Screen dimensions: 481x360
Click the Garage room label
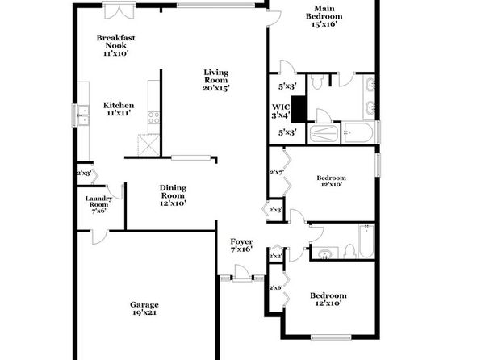click(x=144, y=308)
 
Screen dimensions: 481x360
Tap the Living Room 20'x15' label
click(x=216, y=80)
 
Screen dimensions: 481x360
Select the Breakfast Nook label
click(x=115, y=45)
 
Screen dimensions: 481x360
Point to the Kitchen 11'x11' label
click(x=119, y=109)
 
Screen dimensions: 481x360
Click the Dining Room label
click(x=173, y=195)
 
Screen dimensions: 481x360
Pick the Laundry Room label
click(x=98, y=204)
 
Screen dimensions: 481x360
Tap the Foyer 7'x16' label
click(x=242, y=245)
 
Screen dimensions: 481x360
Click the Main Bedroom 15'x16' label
click(x=324, y=16)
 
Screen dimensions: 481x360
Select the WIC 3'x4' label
click(x=280, y=111)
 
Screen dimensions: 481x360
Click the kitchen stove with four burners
click(x=153, y=118)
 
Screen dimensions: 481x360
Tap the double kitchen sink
click(x=83, y=115)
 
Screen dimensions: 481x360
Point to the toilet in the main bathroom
click(x=316, y=82)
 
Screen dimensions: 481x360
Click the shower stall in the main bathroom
click(x=324, y=133)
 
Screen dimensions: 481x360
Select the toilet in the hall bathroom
click(x=349, y=251)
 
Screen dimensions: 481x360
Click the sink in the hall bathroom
click(x=324, y=254)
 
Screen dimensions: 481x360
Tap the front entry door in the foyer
click(x=241, y=273)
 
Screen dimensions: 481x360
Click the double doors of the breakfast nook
click(x=119, y=11)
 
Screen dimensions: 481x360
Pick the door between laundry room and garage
click(x=100, y=237)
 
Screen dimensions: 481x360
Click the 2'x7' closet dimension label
click(x=276, y=173)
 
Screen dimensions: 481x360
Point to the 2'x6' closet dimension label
click(x=275, y=288)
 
